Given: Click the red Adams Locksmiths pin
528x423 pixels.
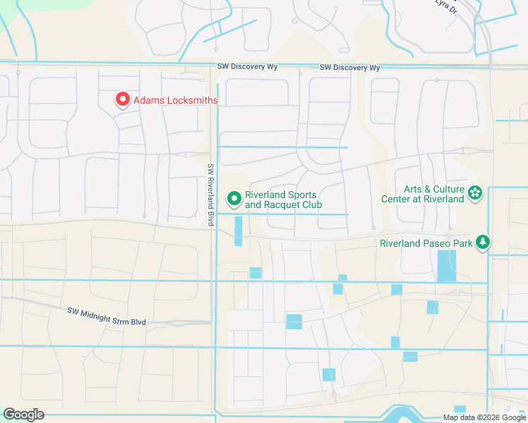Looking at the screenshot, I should (x=122, y=100).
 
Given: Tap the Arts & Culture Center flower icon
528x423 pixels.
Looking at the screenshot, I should (x=475, y=193).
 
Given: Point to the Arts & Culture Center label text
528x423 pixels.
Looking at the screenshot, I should (x=433, y=194).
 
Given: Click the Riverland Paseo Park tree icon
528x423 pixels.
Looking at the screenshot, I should (x=483, y=243).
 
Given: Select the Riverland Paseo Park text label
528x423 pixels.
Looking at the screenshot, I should (x=425, y=243).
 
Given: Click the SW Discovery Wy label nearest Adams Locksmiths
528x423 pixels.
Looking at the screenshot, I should (x=248, y=67).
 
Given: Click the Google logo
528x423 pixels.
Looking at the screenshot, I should (x=23, y=415).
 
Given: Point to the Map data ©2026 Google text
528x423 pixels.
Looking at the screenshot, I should (x=484, y=417).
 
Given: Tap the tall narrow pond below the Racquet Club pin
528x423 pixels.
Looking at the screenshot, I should (x=238, y=231).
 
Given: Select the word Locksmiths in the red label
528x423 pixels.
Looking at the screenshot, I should (x=192, y=101).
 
